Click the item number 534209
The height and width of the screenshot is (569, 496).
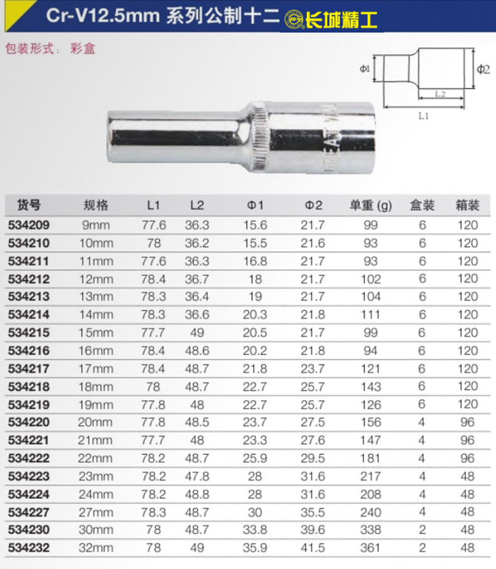coord(29,225)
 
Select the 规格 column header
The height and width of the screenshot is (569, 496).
coord(96,205)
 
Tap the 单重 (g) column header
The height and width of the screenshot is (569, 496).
coord(370,206)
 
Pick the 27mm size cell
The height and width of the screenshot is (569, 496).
coord(96,513)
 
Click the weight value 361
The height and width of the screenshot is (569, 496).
coord(370,548)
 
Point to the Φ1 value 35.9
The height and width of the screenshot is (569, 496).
coord(255,548)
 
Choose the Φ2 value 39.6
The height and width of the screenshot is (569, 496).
coord(313,530)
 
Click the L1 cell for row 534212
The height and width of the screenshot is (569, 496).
coord(153,279)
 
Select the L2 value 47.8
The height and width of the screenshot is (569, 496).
coord(197,476)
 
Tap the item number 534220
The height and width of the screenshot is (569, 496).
coord(29,422)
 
